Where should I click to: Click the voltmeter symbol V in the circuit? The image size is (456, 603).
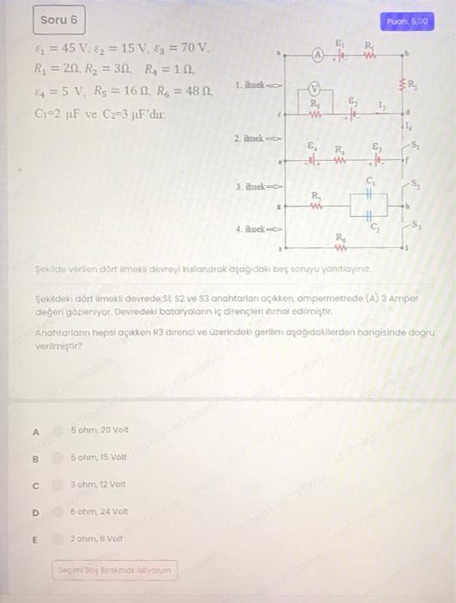click(x=314, y=87)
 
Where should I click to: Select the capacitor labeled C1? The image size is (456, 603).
click(x=369, y=194)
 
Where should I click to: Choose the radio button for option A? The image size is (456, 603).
click(x=57, y=429)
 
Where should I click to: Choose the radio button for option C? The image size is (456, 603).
click(x=57, y=485)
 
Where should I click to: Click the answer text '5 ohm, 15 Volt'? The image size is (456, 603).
click(x=100, y=457)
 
